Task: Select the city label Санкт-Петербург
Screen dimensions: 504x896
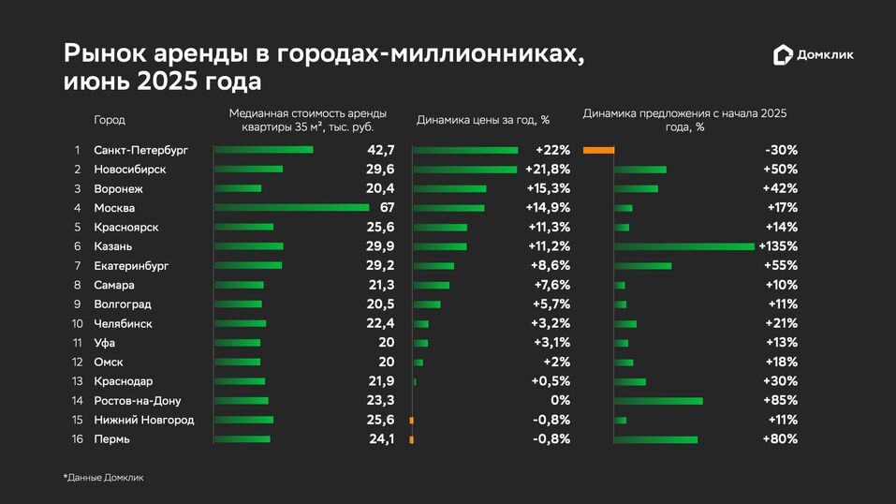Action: point(141,150)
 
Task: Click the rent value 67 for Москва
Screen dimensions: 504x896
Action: point(387,208)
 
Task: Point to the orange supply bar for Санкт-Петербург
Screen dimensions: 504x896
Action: point(598,150)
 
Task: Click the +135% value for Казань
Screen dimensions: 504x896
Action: point(779,246)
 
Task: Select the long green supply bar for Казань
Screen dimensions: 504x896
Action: point(684,246)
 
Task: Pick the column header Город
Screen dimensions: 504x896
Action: point(110,120)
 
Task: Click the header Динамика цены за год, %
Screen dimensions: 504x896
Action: point(482,120)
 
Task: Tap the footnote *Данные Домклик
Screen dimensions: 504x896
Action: point(103,478)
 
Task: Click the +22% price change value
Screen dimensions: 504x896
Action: point(552,150)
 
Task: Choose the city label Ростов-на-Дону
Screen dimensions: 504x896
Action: point(138,401)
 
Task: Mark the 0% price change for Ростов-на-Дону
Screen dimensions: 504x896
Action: point(560,401)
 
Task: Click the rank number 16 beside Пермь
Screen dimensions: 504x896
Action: point(78,439)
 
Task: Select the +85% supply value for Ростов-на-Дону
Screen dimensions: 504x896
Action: point(781,401)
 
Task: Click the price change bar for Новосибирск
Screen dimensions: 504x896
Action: point(465,170)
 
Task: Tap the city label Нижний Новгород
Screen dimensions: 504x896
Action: point(144,420)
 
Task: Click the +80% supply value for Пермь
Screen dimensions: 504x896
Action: point(781,439)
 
